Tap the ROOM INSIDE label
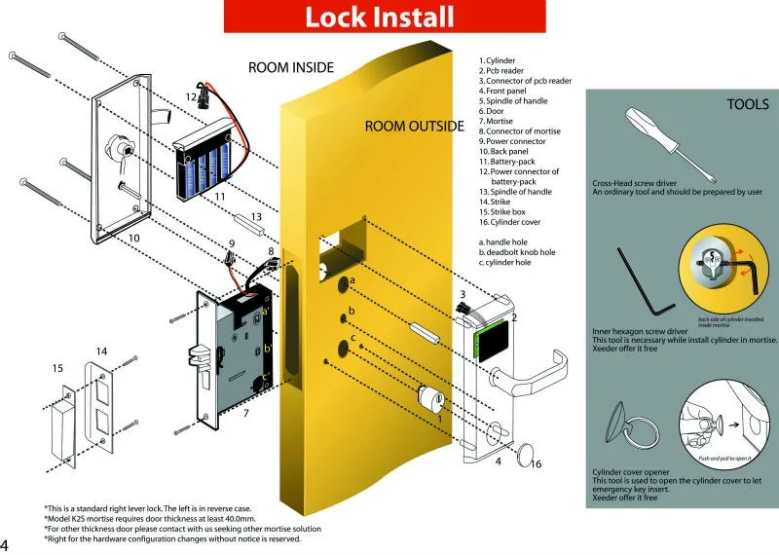click(291, 67)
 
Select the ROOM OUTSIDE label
click(414, 127)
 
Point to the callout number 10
click(134, 238)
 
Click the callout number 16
click(535, 464)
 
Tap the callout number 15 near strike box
click(57, 368)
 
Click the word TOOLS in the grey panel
click(748, 103)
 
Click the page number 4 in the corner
click(6, 544)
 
